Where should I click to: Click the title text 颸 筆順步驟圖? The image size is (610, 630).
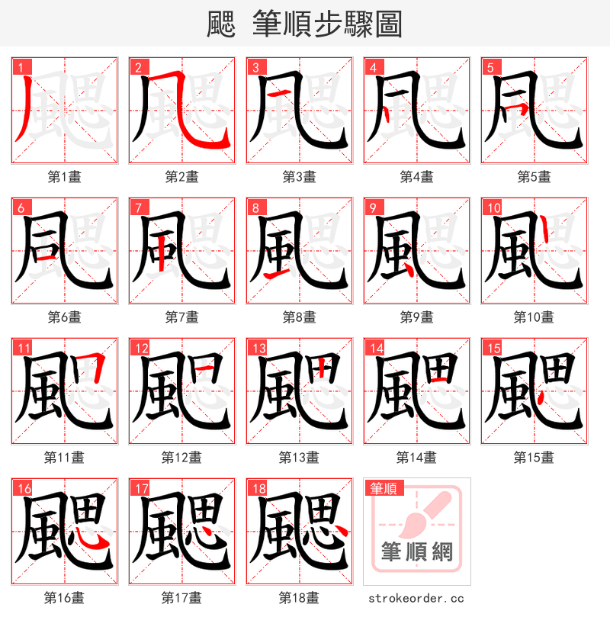304,24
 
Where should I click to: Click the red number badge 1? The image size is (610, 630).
19,67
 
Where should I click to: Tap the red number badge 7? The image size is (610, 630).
136,207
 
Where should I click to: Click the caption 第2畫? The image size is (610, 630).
181,177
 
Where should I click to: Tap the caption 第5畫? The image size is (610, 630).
534,177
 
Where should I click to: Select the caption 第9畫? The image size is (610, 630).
416,317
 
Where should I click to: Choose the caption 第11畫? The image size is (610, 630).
64,458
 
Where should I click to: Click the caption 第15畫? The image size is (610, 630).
534,458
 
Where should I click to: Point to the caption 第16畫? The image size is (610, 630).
64,598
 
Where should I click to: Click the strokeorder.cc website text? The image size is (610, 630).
416,599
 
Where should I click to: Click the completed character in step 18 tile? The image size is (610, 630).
299,532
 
